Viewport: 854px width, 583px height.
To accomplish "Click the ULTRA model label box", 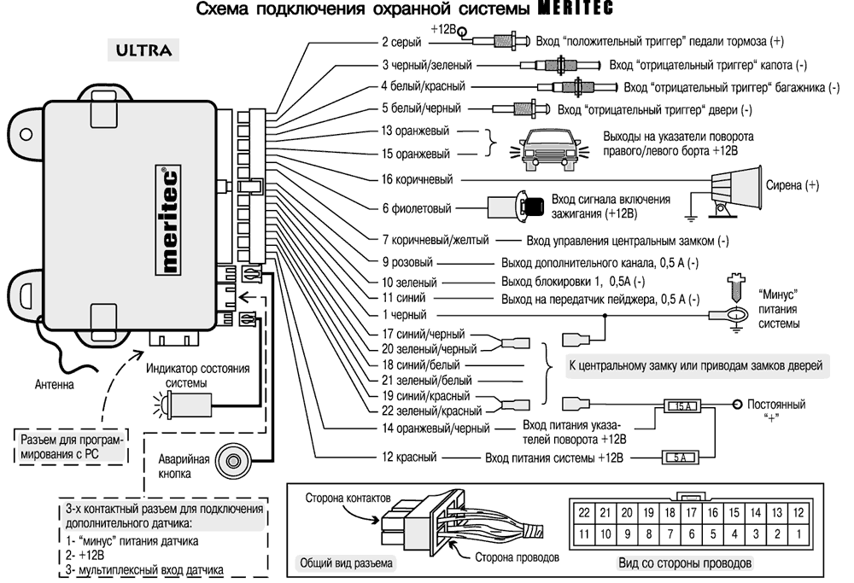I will pyautogui.click(x=143, y=50).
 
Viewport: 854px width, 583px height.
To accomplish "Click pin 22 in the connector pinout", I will pyautogui.click(x=583, y=513).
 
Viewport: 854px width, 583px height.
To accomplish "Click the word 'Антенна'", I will pyautogui.click(x=55, y=384).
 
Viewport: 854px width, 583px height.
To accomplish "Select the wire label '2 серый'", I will pyautogui.click(x=405, y=40).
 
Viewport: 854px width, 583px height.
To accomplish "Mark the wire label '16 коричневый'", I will pyautogui.click(x=417, y=179).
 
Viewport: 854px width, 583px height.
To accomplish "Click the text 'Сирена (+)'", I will pyautogui.click(x=792, y=184).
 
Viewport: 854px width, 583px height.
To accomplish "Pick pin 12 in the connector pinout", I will pyautogui.click(x=798, y=513).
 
